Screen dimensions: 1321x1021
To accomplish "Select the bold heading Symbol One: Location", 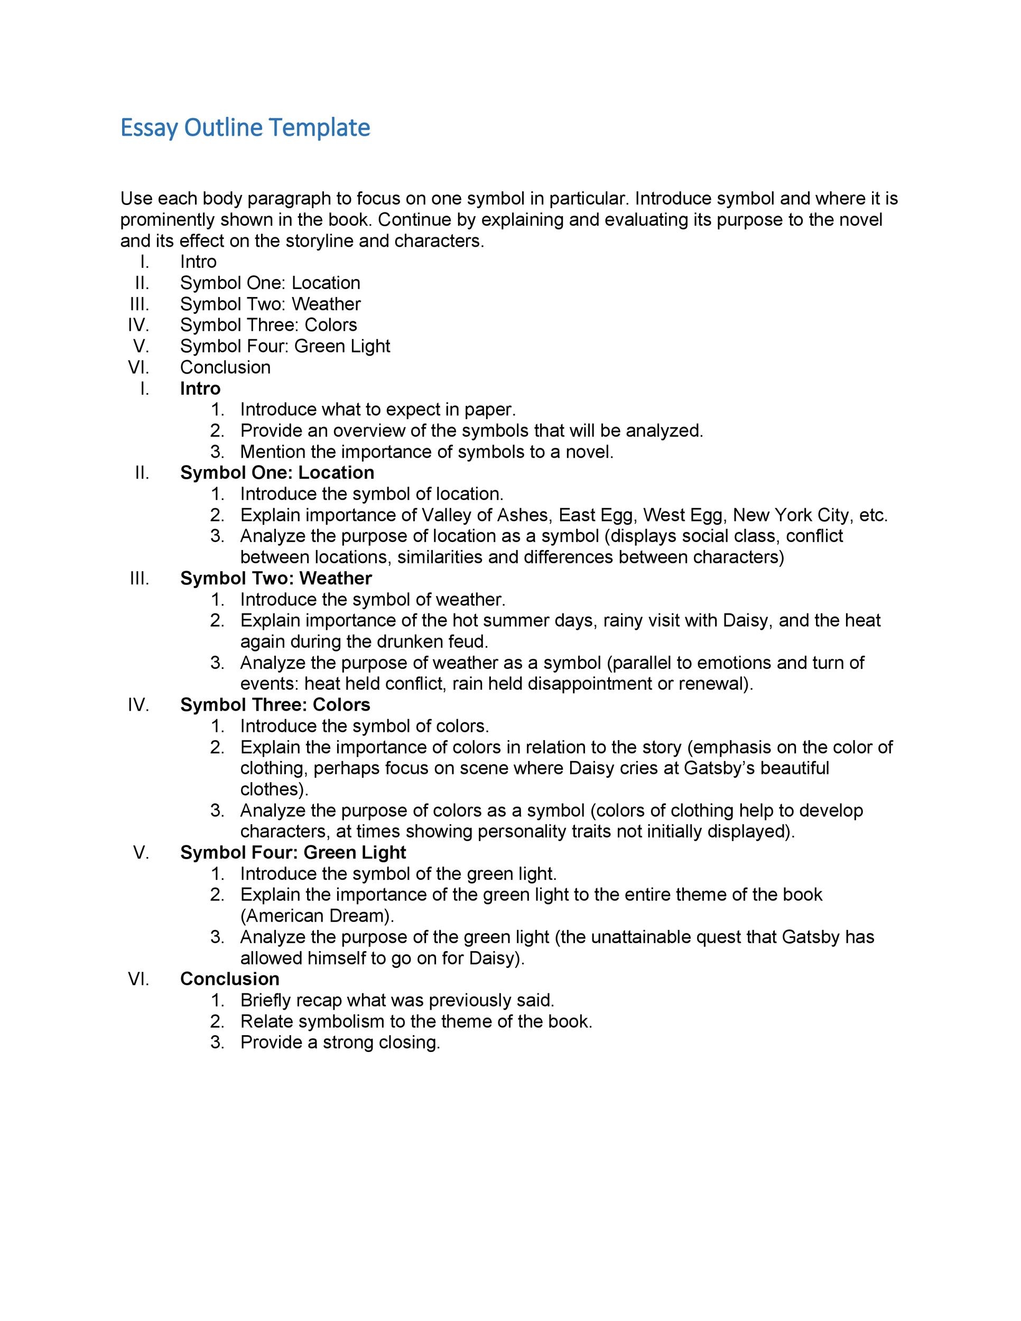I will (277, 472).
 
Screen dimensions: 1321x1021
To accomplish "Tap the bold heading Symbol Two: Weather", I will (276, 578).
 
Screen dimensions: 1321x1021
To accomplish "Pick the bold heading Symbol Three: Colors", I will (275, 705).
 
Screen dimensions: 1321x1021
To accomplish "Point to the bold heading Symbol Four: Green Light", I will (293, 852).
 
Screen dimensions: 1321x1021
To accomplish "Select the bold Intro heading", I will (200, 388).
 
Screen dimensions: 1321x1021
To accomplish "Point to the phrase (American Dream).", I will (317, 916).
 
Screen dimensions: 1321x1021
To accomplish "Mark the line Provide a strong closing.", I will (340, 1042).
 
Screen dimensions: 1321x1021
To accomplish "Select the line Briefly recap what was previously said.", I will (397, 1000).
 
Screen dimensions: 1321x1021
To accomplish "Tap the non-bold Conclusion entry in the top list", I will (225, 367).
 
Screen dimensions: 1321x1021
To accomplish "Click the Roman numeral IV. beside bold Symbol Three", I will (138, 705).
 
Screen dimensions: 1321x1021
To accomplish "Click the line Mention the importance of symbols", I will (426, 452).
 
